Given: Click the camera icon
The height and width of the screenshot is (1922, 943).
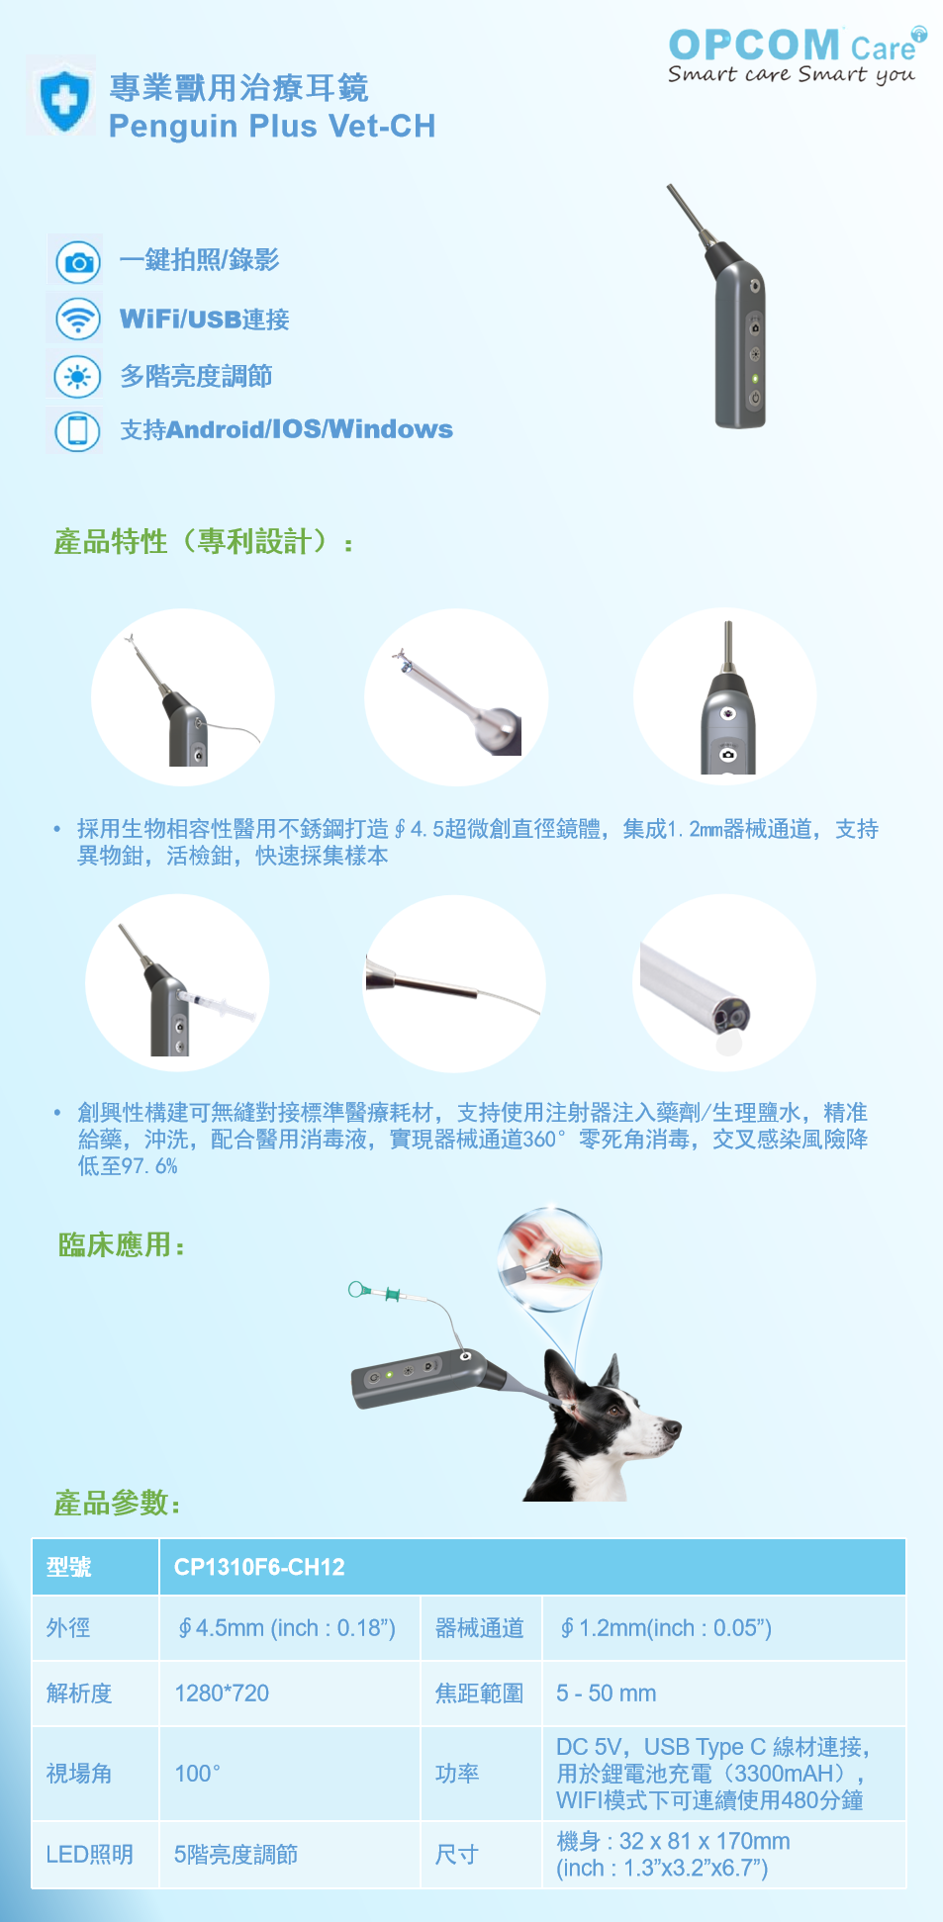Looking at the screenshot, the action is [x=77, y=261].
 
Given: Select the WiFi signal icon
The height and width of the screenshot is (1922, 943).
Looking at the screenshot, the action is [x=77, y=320].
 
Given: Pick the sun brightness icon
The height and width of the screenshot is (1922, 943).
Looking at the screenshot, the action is [x=77, y=377].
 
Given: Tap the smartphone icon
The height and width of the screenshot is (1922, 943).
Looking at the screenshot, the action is [x=77, y=430].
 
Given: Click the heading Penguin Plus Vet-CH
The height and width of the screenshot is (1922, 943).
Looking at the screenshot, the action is [x=272, y=127].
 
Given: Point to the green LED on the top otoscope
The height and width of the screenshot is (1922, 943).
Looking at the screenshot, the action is [x=755, y=378].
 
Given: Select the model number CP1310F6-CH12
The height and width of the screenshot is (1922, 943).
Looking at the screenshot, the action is [x=259, y=1567].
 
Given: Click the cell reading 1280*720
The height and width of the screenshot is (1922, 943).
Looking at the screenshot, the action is [x=222, y=1693].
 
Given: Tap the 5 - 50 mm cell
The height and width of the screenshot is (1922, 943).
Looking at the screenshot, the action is [x=606, y=1693].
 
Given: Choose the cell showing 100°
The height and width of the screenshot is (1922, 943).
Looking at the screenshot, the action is [x=197, y=1774].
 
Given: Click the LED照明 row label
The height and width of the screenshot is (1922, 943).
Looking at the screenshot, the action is [x=90, y=1855].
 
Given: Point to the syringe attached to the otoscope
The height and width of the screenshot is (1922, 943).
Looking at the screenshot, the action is [x=217, y=1004].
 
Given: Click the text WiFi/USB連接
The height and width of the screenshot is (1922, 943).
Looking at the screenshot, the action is [x=205, y=320].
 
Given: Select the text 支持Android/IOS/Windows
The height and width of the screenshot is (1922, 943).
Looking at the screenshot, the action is [x=286, y=429].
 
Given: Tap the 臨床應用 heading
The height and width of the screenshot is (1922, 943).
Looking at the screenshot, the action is [x=121, y=1244].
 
